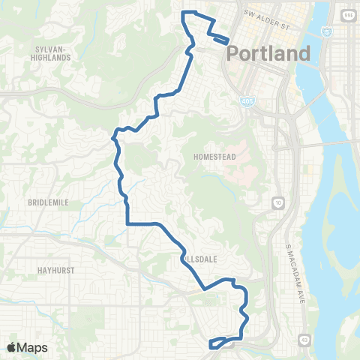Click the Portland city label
[268, 53]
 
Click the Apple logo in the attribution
[11, 347]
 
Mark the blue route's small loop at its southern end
[218, 343]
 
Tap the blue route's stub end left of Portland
[225, 42]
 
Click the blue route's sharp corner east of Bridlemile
[127, 223]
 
